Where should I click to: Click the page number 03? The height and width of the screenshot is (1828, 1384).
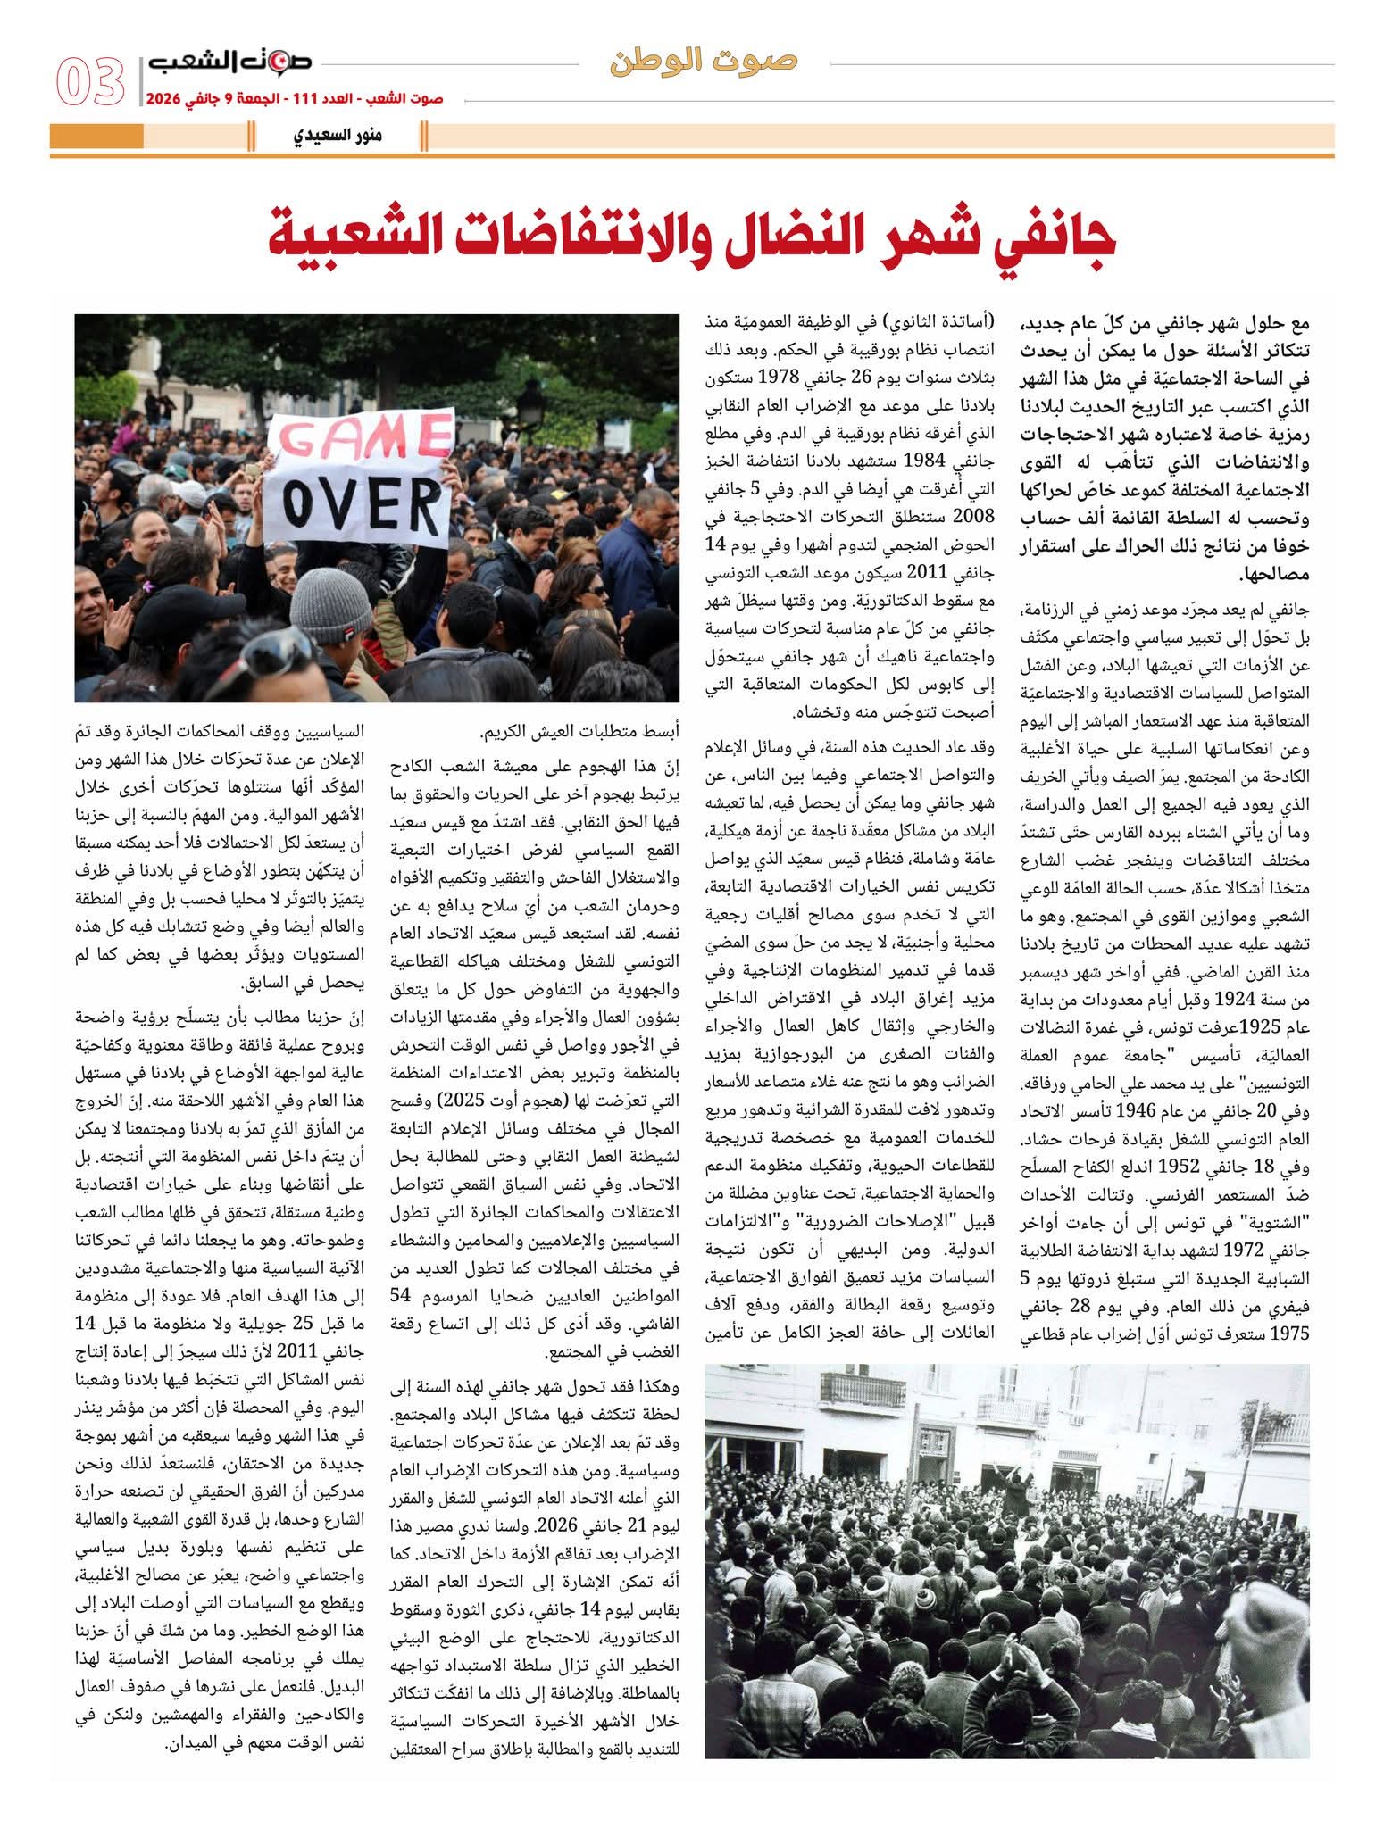click(x=91, y=82)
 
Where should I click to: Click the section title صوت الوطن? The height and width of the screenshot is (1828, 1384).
click(x=705, y=62)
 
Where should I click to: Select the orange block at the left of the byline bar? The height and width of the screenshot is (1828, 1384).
click(x=96, y=137)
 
